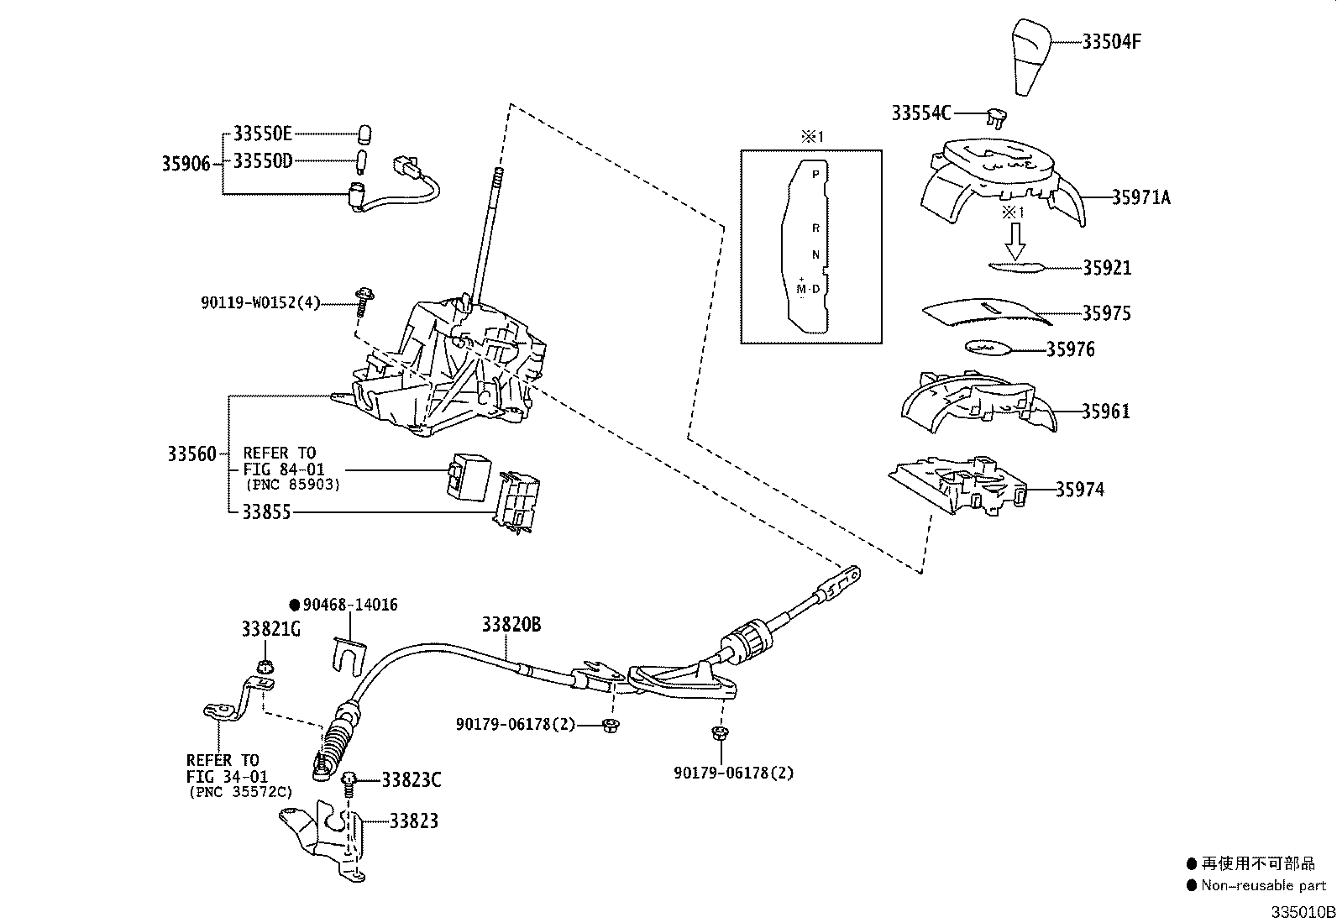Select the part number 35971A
tap(1140, 197)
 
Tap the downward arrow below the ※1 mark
tap(1015, 243)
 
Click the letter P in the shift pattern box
tap(815, 175)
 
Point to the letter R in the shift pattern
tap(815, 228)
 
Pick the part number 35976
tap(1070, 349)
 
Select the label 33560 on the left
tap(191, 454)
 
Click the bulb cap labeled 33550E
tap(364, 134)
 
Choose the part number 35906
tap(186, 163)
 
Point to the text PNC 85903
tap(292, 485)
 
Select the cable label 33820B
tap(511, 624)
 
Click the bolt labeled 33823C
tap(350, 781)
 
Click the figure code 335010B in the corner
tap(1302, 912)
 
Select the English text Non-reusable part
tap(1263, 884)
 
